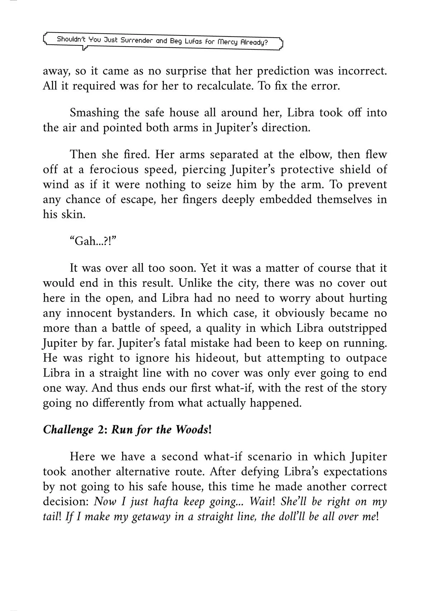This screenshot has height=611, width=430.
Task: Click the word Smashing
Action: click(x=94, y=113)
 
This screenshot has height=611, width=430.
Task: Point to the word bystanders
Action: click(x=145, y=313)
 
